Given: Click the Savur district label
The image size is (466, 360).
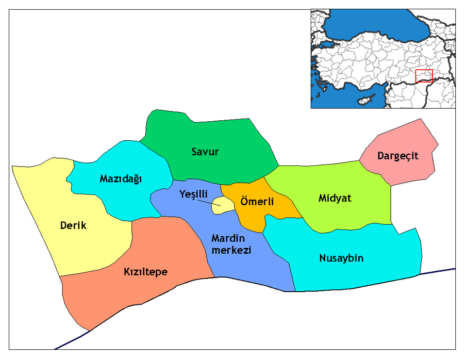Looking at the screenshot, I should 205,152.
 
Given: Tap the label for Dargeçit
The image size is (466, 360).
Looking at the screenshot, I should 398,156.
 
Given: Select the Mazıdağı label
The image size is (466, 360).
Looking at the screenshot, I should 120,179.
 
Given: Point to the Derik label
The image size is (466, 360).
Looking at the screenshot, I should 73,226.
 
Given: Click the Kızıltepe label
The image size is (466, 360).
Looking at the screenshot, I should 145,272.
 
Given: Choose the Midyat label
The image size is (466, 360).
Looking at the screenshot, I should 335,198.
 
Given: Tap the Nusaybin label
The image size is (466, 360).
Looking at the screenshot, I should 341,258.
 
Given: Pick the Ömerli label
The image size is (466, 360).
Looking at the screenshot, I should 257,201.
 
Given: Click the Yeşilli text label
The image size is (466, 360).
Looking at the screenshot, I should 192,194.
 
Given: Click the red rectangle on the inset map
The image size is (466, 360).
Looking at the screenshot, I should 424,76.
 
